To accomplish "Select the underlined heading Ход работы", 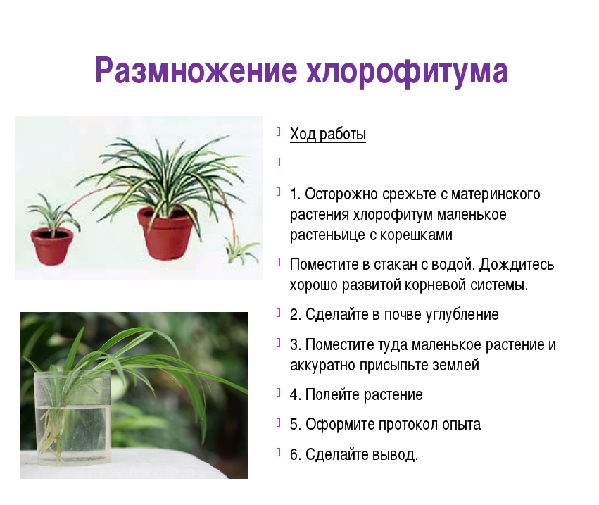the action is coord(328,135).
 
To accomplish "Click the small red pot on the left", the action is coord(52,247).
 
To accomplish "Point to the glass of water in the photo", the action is coord(72,418).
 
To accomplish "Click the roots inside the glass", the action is coord(51,432).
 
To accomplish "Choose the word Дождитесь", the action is coord(517,265).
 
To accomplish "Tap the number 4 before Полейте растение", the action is coord(294,395).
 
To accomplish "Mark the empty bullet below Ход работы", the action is coord(278,163).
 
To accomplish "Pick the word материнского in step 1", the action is coord(496,194).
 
